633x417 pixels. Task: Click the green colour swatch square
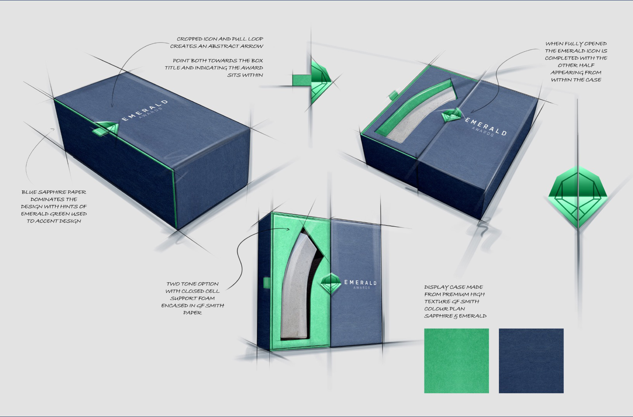[x=456, y=361]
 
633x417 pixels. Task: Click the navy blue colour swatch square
[x=531, y=361]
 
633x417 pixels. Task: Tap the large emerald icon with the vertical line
[x=578, y=197]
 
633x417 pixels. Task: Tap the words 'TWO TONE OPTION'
[x=192, y=284]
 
